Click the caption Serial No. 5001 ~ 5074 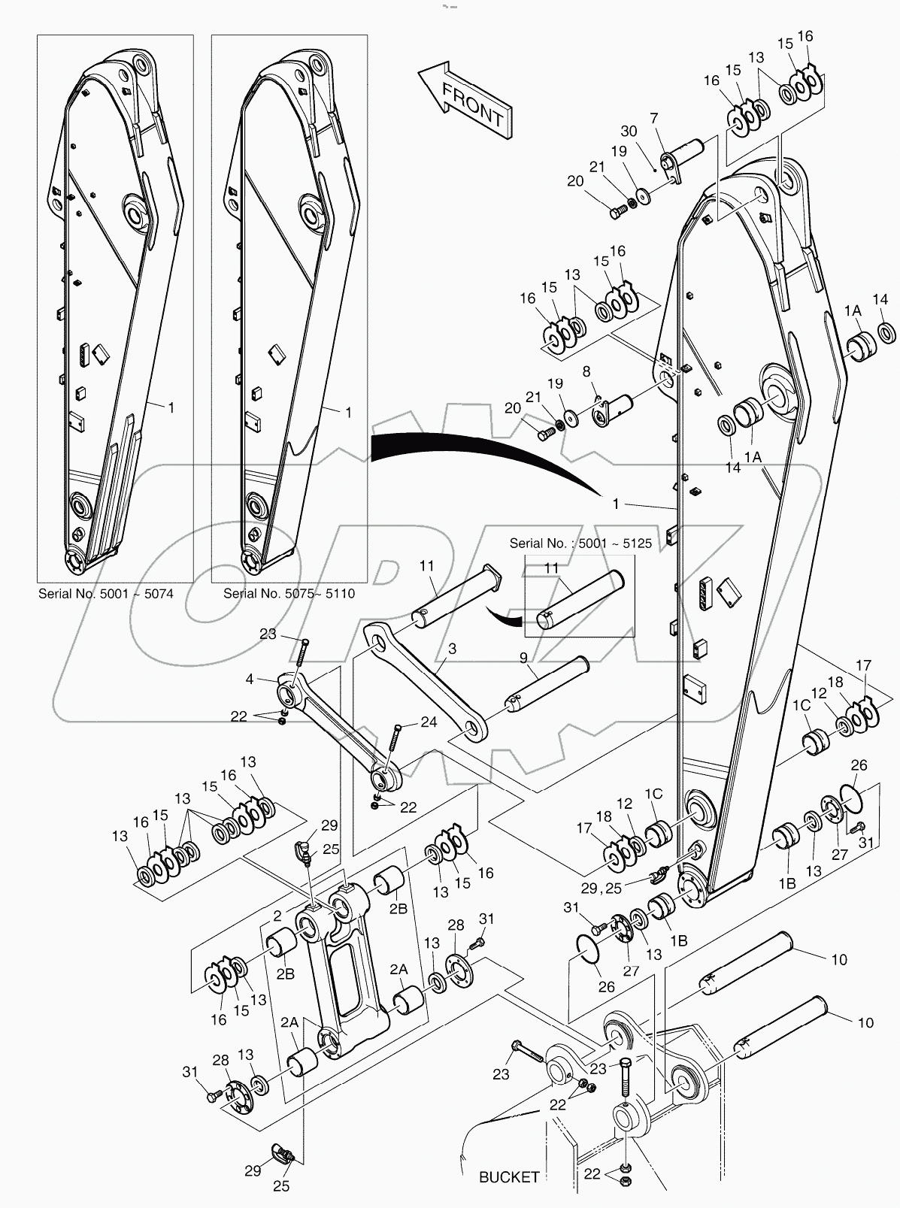pyautogui.click(x=106, y=594)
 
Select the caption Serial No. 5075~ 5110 pyautogui.click(x=289, y=594)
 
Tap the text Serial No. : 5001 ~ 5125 pyautogui.click(x=580, y=542)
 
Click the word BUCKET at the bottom pyautogui.click(x=509, y=1177)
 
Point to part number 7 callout pyautogui.click(x=654, y=118)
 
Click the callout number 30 pyautogui.click(x=629, y=131)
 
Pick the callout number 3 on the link pyautogui.click(x=451, y=647)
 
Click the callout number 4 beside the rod pyautogui.click(x=250, y=679)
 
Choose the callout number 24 pyautogui.click(x=429, y=722)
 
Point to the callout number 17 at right pyautogui.click(x=863, y=665)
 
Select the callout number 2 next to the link pyautogui.click(x=277, y=916)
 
